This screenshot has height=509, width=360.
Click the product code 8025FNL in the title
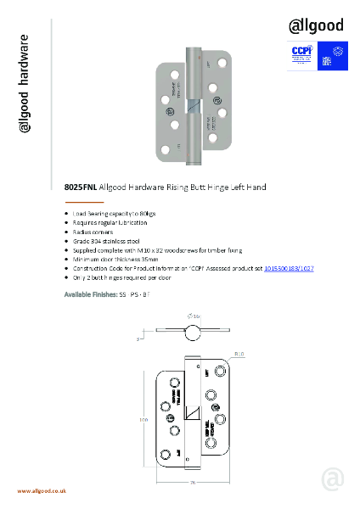tap(81, 186)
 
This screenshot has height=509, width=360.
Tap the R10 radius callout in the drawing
tap(239, 353)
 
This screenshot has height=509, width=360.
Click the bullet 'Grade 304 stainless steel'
tap(108, 241)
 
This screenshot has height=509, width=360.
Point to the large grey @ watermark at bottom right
tap(332, 478)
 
